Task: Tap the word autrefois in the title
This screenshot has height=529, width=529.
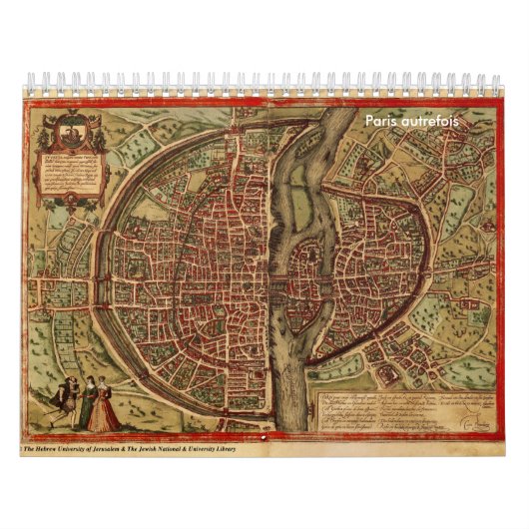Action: tap(428, 121)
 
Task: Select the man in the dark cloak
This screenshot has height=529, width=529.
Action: tap(62, 403)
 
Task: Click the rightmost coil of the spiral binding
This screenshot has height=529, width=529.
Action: tap(496, 82)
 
